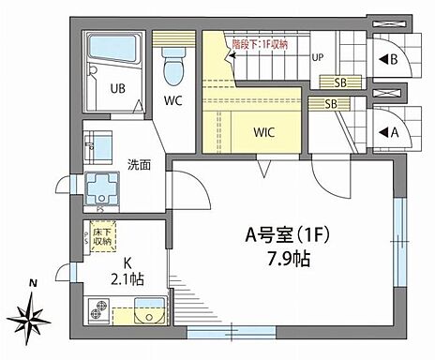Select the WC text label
[x=173, y=99]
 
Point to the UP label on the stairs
[x=317, y=57]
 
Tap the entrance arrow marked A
[x=388, y=131]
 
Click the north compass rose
[x=35, y=311]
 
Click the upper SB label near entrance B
[x=340, y=82]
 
